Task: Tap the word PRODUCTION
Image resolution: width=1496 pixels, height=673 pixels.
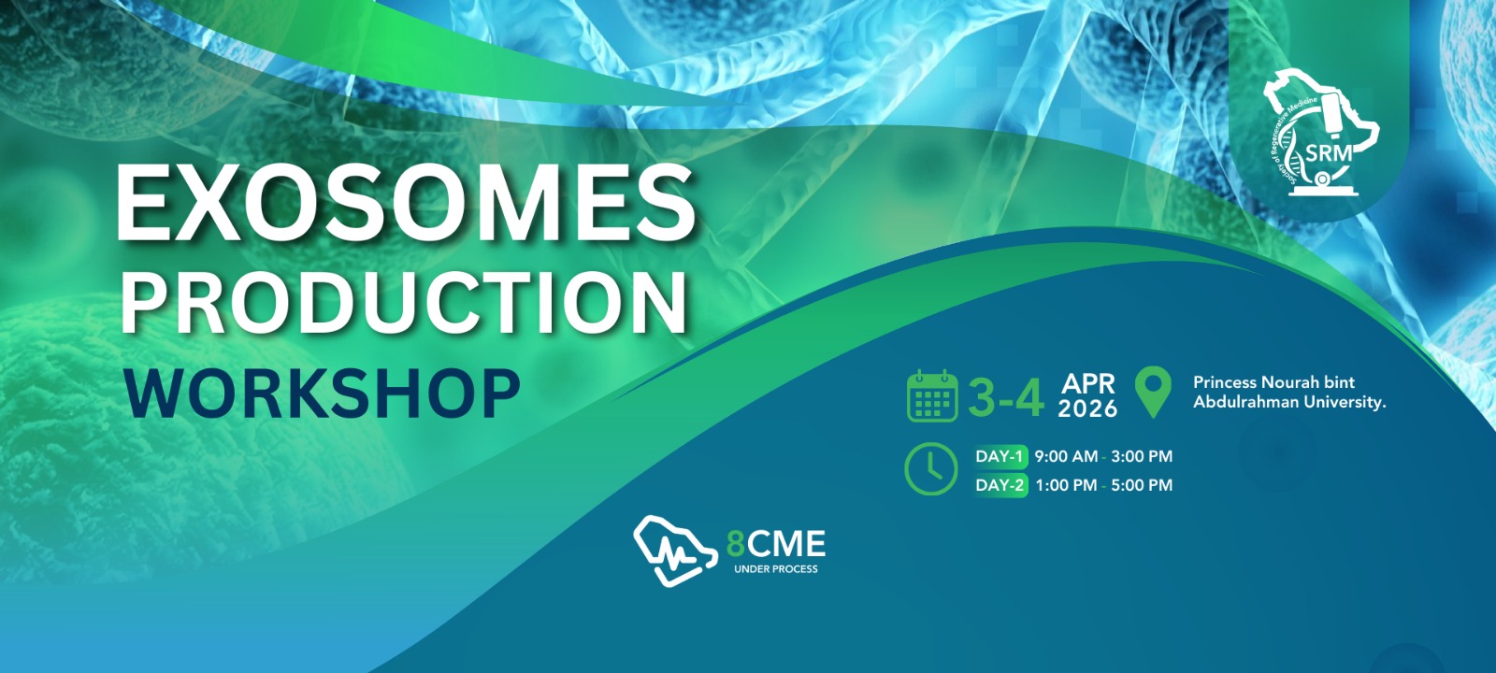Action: [x=404, y=303]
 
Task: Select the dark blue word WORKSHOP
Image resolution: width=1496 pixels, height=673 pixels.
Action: [x=322, y=394]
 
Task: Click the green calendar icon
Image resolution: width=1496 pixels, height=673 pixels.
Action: [x=932, y=396]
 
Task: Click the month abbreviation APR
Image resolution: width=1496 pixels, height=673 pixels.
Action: [x=1088, y=384]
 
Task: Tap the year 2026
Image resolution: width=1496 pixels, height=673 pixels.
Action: [x=1088, y=408]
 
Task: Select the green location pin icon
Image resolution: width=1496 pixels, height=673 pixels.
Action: [x=1154, y=392]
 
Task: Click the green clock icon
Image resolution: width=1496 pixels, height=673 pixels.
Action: [x=931, y=468]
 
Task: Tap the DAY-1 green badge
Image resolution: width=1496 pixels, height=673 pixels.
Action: [x=1000, y=456]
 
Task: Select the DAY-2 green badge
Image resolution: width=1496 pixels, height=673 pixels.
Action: [x=1000, y=485]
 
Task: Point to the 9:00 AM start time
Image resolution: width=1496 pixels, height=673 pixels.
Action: [x=1066, y=457]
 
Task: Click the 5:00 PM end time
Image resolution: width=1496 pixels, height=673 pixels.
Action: [x=1142, y=485]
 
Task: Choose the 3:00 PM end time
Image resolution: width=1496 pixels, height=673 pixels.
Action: [x=1142, y=457]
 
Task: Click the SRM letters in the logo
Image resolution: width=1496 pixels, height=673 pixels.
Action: [x=1329, y=153]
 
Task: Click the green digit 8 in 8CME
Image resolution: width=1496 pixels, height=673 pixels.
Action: [x=735, y=544]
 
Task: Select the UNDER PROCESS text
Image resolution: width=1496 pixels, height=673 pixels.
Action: [x=775, y=569]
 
